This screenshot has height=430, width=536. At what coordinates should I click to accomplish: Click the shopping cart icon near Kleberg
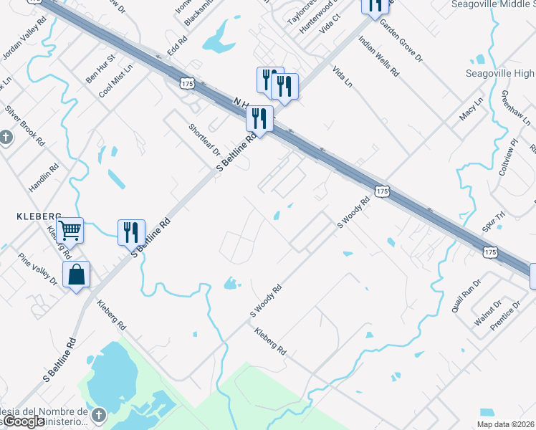[70, 231]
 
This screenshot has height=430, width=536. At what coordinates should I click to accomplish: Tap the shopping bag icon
[76, 275]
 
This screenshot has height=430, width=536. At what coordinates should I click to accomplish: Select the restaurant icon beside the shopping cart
[131, 232]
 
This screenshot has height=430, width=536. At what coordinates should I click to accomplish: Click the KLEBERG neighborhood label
[37, 215]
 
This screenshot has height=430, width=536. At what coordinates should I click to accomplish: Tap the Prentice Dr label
[506, 313]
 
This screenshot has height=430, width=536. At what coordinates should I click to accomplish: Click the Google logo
[24, 422]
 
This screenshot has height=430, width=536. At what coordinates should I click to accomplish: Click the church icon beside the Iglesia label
[100, 415]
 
